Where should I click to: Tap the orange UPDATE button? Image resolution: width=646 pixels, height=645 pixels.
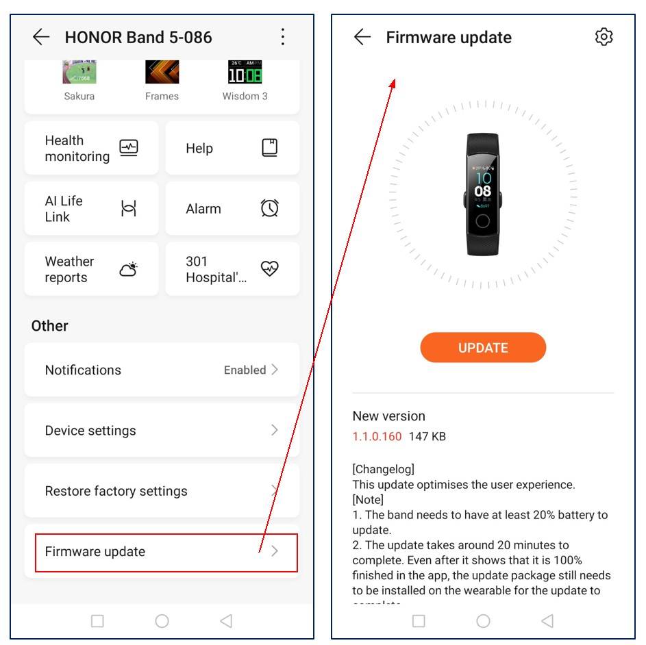(x=483, y=348)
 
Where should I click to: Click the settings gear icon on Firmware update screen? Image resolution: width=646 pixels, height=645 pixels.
(x=604, y=37)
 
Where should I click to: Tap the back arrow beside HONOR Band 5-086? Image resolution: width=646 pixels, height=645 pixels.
(x=41, y=37)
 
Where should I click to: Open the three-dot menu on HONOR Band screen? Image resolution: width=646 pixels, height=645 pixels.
(x=283, y=37)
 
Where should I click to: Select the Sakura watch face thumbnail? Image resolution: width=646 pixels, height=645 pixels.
(x=79, y=72)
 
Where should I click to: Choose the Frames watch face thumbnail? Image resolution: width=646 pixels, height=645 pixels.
(x=162, y=72)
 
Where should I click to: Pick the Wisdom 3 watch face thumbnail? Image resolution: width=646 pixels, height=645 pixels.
(x=245, y=72)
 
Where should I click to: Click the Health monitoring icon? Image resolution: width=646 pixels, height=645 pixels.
(x=129, y=148)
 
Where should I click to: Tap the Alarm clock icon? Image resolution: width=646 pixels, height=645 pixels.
(x=270, y=208)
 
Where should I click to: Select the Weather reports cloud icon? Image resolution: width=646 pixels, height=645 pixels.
(x=129, y=269)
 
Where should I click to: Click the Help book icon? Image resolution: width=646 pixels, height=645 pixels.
(x=270, y=148)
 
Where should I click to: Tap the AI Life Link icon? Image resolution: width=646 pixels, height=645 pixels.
(x=129, y=208)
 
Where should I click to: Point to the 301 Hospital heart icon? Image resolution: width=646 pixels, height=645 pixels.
(x=270, y=268)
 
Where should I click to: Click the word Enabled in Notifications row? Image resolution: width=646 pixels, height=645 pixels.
(x=245, y=370)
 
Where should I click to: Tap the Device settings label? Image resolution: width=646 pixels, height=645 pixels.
(x=90, y=431)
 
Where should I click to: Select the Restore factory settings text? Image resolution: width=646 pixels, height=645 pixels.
(x=116, y=491)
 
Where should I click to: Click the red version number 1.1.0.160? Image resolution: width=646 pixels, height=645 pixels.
(x=377, y=436)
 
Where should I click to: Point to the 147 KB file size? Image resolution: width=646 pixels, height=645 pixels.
(x=427, y=436)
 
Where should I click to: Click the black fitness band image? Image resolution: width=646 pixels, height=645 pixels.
(x=483, y=194)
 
